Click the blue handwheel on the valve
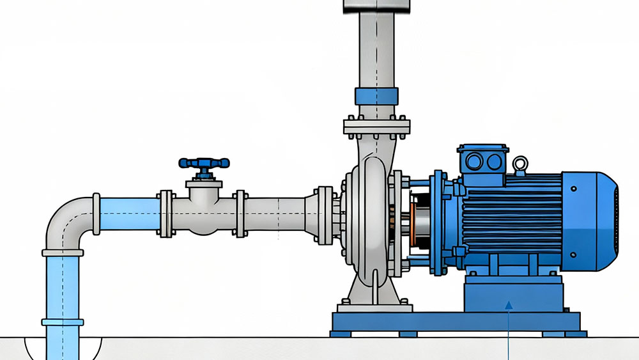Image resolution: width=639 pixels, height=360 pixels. click(x=204, y=164)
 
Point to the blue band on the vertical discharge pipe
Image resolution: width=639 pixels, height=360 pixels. click(x=377, y=97)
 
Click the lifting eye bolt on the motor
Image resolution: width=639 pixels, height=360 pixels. click(x=520, y=164)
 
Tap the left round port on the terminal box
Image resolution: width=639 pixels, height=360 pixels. click(x=474, y=161)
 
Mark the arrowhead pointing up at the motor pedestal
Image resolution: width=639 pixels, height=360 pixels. click(x=509, y=306)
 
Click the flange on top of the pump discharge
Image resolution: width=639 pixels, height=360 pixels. click(x=376, y=126)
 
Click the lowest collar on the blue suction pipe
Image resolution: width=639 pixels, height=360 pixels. click(x=62, y=322)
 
